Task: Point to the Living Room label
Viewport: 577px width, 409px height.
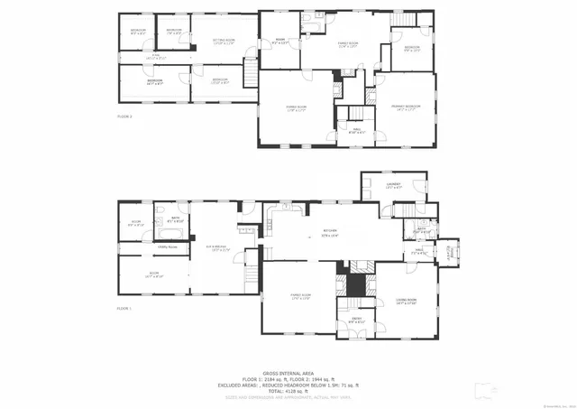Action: pos(406,302)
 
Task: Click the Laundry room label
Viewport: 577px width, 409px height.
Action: pos(393,185)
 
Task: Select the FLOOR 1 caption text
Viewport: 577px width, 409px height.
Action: pos(124,309)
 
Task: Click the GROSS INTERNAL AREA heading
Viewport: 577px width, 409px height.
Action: pos(288,373)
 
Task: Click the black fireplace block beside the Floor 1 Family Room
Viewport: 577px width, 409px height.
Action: pos(358,284)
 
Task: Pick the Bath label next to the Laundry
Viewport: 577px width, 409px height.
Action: pos(420,230)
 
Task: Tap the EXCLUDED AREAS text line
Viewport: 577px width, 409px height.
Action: pos(288,384)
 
